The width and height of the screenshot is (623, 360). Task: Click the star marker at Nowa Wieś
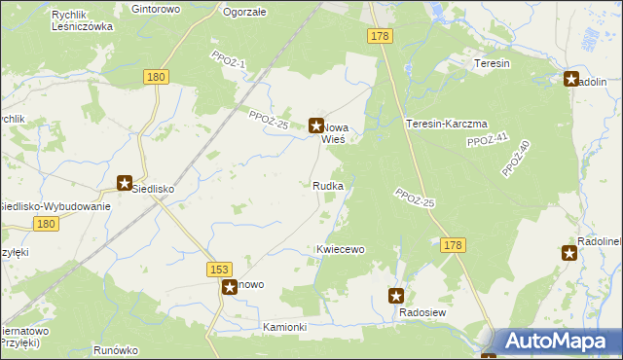316,125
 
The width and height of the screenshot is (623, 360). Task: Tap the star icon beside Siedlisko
125,182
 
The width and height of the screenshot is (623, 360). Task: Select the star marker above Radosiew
396,296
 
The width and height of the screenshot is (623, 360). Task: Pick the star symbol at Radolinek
569,253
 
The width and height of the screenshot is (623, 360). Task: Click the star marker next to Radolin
571,80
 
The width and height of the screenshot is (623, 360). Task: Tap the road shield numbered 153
219,268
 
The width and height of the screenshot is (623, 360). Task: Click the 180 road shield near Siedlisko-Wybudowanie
44,224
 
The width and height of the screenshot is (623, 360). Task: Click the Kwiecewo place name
340,249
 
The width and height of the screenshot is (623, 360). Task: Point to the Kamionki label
285,327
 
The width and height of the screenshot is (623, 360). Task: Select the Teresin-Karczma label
446,124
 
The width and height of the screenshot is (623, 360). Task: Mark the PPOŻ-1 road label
229,59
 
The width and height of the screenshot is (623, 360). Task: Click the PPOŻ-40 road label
516,159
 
